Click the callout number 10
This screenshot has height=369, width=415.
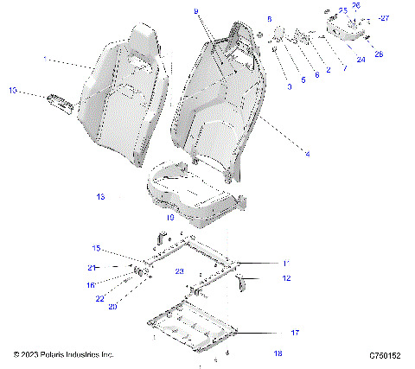[12, 90]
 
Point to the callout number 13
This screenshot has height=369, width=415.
[100, 197]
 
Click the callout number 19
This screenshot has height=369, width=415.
[170, 219]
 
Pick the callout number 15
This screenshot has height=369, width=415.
[97, 248]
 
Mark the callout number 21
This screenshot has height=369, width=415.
[90, 268]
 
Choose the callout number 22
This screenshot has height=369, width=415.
[100, 298]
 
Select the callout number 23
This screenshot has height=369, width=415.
[180, 270]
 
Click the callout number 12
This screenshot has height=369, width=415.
[286, 278]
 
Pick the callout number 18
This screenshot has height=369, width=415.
[278, 353]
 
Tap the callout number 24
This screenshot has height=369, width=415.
[361, 59]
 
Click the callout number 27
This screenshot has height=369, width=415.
[386, 17]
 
